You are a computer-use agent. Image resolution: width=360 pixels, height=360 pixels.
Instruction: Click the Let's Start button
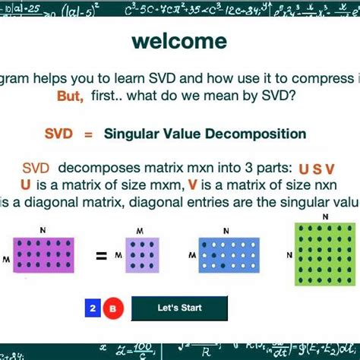click(x=179, y=308)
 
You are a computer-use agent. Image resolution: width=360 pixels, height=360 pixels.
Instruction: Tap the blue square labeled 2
click(x=92, y=308)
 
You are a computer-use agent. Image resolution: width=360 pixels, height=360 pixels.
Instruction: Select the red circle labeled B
click(x=112, y=308)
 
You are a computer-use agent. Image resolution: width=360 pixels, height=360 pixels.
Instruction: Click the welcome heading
click(x=178, y=41)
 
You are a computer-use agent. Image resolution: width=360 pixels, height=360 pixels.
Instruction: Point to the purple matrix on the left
click(x=43, y=257)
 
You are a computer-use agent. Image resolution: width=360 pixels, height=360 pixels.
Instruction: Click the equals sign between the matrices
click(x=100, y=256)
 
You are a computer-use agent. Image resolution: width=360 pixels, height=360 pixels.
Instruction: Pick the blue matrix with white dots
click(x=229, y=255)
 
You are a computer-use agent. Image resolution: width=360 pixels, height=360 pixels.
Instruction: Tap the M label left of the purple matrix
click(x=6, y=259)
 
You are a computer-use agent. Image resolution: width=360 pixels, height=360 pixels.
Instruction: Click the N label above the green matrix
click(x=326, y=217)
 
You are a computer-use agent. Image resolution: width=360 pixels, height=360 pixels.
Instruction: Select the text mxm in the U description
click(x=152, y=185)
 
